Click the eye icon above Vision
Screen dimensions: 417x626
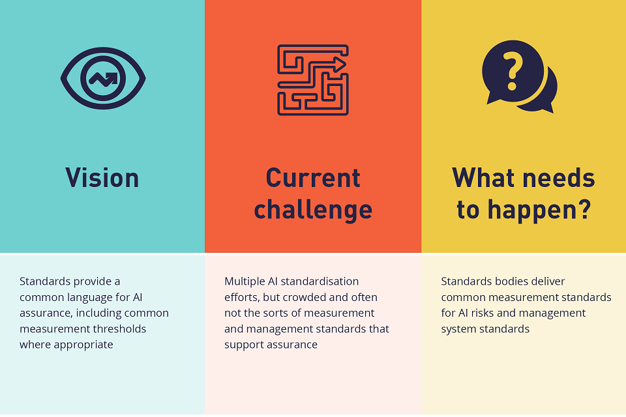103,79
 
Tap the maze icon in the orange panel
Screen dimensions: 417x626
313,79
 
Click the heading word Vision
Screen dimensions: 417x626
102,178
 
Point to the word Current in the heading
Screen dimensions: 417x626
313,178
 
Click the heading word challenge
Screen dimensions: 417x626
313,210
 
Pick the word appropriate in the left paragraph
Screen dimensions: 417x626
82,345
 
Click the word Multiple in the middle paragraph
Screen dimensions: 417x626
245,281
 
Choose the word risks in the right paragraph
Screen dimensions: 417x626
487,313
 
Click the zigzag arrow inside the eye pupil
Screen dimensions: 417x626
104,79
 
